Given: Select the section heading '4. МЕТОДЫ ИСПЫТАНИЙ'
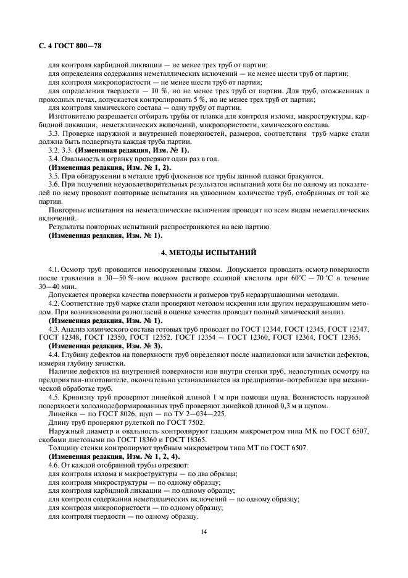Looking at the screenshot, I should (x=204, y=253).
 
